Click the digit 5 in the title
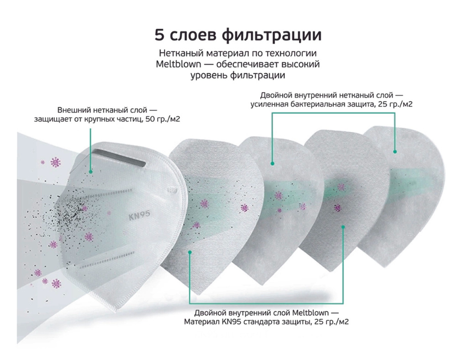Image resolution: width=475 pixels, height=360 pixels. point(159,35)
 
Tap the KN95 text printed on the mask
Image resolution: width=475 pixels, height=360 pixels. point(139,215)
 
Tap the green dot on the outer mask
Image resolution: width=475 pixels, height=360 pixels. point(90,172)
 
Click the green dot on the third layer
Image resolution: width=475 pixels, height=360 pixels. point(272,164)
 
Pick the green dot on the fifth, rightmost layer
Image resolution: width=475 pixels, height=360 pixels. point(395,151)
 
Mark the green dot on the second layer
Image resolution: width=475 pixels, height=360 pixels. point(190,252)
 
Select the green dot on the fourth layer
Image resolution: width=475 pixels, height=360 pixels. point(343,227)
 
